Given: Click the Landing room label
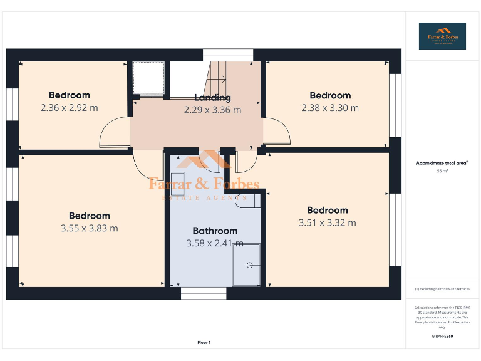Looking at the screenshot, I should click(x=212, y=97).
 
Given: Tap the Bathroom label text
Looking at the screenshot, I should click(x=215, y=231).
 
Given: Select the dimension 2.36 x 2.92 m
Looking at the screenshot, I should click(x=70, y=108).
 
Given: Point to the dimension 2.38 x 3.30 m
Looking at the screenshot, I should click(x=330, y=108).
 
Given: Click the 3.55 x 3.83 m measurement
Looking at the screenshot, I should click(x=90, y=228).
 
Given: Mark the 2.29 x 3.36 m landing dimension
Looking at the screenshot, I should click(x=212, y=110).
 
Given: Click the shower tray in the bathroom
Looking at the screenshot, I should click(x=246, y=264).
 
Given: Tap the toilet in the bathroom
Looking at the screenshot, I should click(x=249, y=201).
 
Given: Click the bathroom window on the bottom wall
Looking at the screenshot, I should click(x=204, y=293).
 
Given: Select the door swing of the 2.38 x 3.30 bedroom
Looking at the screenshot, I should click(x=276, y=133).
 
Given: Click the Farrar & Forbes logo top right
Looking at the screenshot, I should click(x=442, y=36).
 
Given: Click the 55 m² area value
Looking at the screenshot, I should click(x=442, y=170).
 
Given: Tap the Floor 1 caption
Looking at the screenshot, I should click(x=204, y=342).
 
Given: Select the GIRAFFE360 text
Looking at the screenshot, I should click(x=442, y=337).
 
